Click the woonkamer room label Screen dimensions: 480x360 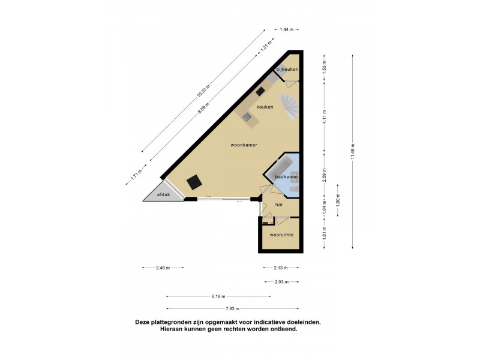point(244,145)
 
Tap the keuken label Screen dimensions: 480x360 point(265,107)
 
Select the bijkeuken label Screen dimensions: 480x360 point(287,69)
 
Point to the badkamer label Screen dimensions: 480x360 point(286,176)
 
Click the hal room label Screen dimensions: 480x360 point(278,205)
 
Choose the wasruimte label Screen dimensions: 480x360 point(281,235)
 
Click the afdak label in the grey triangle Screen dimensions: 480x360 point(163,194)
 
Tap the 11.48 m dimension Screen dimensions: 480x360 point(353,152)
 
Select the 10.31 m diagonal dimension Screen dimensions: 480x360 point(203,91)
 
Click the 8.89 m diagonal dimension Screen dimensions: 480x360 point(203,108)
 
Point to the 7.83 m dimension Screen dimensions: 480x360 point(232,308)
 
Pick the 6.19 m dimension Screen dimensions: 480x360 point(218,296)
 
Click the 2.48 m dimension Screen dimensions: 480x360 point(163,268)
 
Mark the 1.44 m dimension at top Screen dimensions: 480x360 point(287,29)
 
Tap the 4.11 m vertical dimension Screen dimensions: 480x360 point(325,116)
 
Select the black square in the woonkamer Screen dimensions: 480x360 point(194,182)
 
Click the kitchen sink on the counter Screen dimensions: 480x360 point(247,116)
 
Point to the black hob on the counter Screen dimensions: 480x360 point(260,91)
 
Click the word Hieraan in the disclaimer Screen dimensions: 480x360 point(171,329)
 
